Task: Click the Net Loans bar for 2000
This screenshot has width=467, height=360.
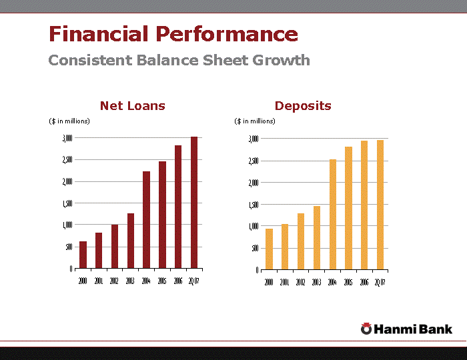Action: pyautogui.click(x=83, y=255)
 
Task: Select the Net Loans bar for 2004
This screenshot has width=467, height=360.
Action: pyautogui.click(x=146, y=220)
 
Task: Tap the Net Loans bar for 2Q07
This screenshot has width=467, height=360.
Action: pyautogui.click(x=194, y=203)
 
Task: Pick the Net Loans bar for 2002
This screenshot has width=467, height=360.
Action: pyautogui.click(x=115, y=247)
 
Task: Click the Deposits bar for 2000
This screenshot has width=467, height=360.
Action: pyautogui.click(x=269, y=249)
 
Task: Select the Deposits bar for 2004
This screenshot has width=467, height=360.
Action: pyautogui.click(x=333, y=215)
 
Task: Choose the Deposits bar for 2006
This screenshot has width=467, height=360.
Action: pyautogui.click(x=364, y=205)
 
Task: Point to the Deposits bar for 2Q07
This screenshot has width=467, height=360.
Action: pyautogui.click(x=380, y=205)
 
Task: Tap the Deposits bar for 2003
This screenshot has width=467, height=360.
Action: pyautogui.click(x=317, y=238)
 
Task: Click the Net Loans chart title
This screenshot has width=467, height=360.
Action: pyautogui.click(x=133, y=105)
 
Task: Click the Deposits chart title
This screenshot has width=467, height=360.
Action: pyautogui.click(x=303, y=105)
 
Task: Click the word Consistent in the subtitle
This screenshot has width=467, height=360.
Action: pyautogui.click(x=90, y=60)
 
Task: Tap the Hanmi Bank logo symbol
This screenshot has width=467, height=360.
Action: pyautogui.click(x=366, y=328)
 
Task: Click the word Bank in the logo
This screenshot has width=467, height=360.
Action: pyautogui.click(x=436, y=329)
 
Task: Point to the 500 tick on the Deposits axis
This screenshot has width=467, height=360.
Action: pyautogui.click(x=254, y=248)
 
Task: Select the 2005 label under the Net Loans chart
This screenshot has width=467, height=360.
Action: pyautogui.click(x=162, y=281)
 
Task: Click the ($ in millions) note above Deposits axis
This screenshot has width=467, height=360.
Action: pyautogui.click(x=254, y=121)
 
